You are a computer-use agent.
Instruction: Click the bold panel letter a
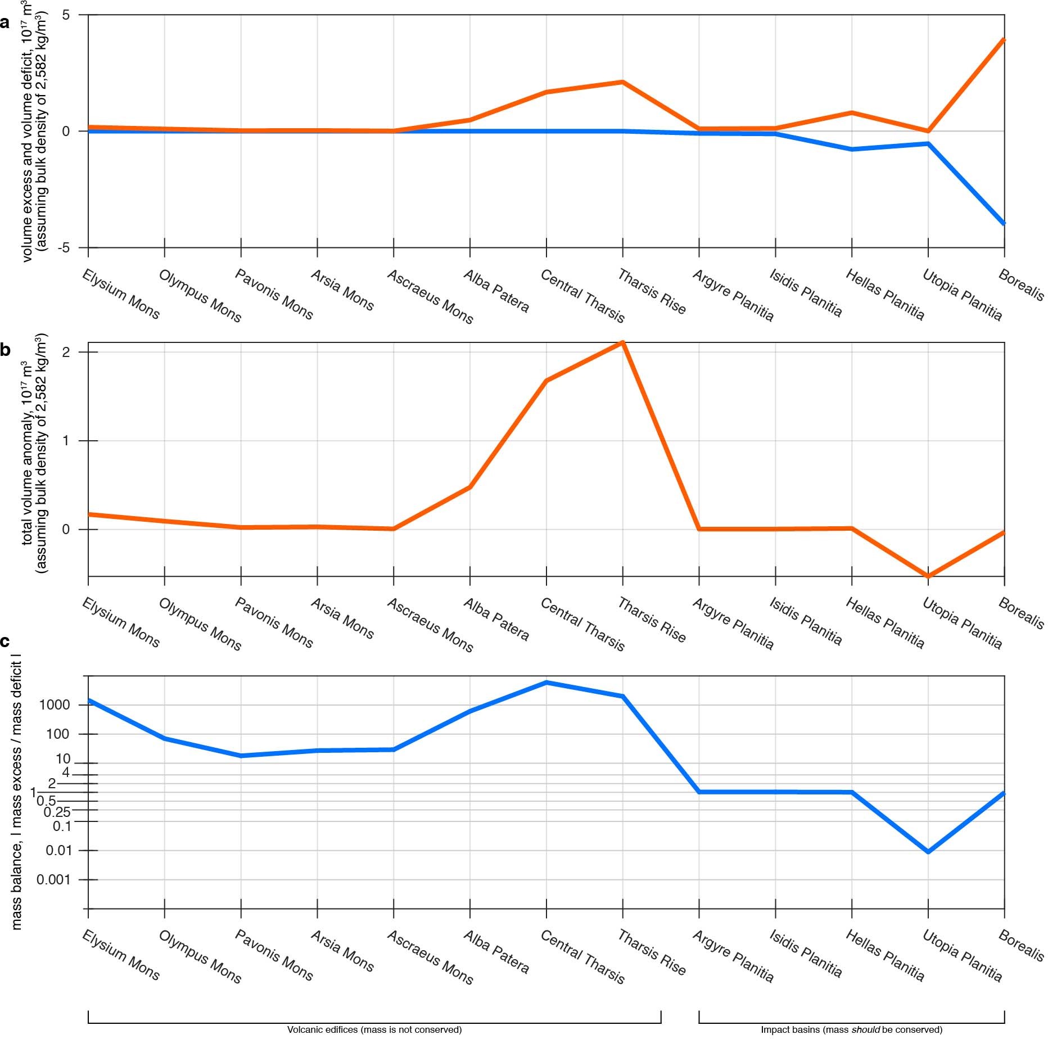pos(6,23)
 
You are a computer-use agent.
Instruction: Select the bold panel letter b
pos(6,350)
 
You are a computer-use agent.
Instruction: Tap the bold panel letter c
pos(6,642)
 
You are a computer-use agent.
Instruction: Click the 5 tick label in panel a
pos(66,15)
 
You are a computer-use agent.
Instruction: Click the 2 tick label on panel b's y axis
pos(66,353)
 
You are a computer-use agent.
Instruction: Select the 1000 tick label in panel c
pos(54,705)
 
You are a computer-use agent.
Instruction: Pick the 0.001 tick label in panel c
pos(54,880)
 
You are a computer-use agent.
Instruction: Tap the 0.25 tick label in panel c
pos(57,812)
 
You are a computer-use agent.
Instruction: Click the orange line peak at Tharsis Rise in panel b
pos(622,342)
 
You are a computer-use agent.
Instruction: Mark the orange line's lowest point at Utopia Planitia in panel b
pos(928,576)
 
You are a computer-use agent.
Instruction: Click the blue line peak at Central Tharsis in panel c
pos(546,683)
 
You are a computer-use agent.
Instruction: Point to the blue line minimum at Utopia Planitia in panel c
pos(928,852)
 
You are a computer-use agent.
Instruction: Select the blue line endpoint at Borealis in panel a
pos(1004,223)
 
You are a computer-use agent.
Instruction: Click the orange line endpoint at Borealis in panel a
pos(1004,39)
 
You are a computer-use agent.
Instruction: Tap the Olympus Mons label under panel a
pos(200,296)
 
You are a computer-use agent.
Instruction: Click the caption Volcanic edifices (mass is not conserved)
pos(374,1030)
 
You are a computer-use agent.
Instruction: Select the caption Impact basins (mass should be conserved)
pos(851,1030)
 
